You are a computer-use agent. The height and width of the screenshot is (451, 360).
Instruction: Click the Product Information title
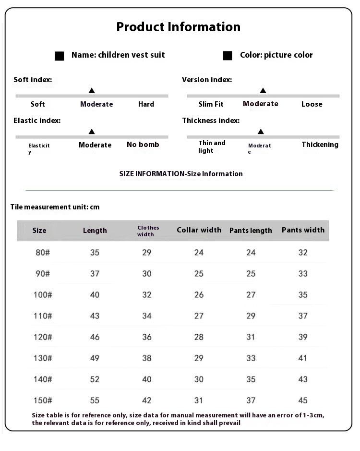179,27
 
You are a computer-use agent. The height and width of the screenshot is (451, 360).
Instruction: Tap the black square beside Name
60,56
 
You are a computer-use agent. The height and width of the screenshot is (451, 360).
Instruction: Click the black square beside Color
228,56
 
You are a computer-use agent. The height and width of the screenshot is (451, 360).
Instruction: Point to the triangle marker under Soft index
92,90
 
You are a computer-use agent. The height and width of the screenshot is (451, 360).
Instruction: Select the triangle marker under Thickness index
261,131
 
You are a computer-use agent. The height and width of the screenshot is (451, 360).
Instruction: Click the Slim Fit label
211,104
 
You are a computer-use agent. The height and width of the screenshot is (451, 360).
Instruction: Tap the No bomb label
143,145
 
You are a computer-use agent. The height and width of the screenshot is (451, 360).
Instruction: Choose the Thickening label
320,145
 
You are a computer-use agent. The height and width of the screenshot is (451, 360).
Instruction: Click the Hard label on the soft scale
146,104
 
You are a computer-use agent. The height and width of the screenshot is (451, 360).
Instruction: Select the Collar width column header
199,230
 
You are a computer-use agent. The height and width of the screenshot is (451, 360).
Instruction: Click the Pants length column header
251,231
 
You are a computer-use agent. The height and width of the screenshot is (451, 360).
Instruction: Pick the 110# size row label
43,316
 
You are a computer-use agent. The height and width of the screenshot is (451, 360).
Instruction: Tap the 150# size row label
43,401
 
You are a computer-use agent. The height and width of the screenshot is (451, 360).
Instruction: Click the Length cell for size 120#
95,337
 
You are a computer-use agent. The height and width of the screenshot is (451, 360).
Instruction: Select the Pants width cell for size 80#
303,253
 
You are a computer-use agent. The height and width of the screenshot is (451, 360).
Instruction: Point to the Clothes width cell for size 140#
147,379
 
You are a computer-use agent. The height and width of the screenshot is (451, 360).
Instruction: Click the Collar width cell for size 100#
199,295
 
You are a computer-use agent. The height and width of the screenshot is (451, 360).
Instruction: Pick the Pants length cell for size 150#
251,401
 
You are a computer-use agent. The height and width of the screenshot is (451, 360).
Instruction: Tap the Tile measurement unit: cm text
55,207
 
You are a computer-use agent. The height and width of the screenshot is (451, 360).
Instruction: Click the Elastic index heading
37,121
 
